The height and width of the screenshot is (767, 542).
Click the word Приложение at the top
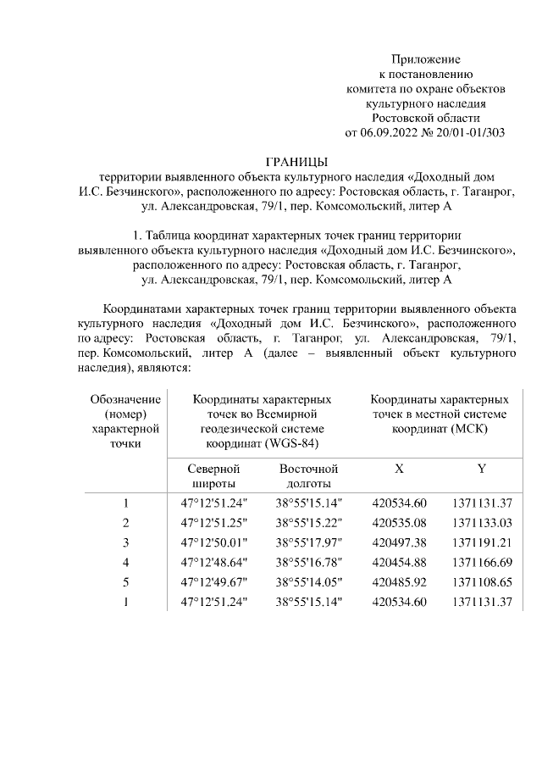[x=425, y=59]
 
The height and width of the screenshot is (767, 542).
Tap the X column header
[x=399, y=469]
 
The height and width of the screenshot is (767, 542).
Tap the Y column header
[x=481, y=469]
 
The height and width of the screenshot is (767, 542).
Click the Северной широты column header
[x=213, y=475]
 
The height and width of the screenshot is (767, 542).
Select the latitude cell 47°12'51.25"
[x=214, y=522]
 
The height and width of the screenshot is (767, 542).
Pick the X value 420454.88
[x=399, y=563]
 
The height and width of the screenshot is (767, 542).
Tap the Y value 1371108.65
[x=481, y=583]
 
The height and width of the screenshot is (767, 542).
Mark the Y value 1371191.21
[x=481, y=542]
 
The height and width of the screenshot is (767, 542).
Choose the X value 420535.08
[x=399, y=522]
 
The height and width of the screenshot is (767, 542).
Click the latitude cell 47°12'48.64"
[x=214, y=563]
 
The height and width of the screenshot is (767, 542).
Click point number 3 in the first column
[x=126, y=542]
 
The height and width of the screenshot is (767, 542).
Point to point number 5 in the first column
[x=126, y=583]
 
